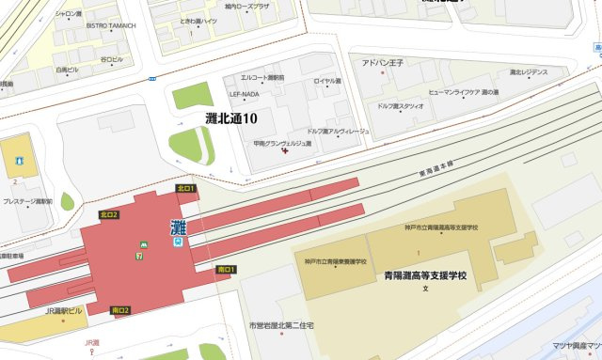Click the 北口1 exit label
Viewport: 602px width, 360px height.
185,189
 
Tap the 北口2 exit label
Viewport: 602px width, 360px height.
109,215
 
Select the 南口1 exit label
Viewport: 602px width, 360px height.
226,270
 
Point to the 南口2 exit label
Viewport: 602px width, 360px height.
120,310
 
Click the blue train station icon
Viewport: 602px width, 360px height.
177,241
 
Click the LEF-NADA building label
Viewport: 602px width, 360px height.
243,94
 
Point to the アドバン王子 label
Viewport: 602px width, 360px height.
383,63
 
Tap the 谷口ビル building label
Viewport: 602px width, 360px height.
112,59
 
